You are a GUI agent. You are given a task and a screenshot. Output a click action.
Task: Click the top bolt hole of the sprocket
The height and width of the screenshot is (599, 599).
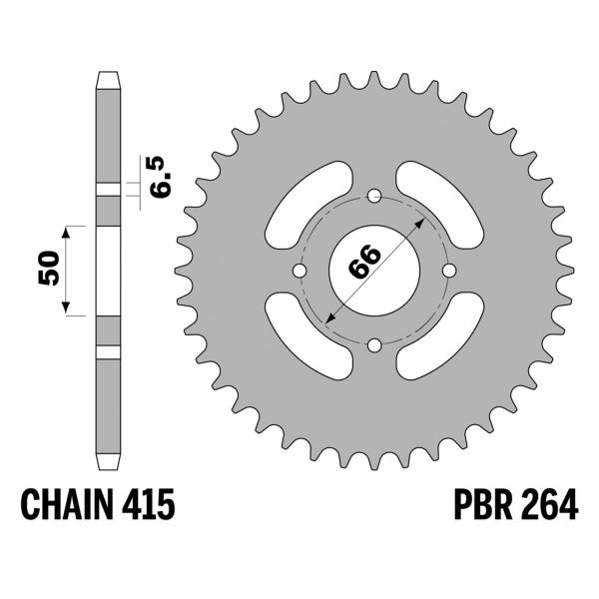[x=374, y=195]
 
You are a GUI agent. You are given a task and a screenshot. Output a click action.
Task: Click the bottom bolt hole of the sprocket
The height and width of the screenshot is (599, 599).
[x=374, y=346]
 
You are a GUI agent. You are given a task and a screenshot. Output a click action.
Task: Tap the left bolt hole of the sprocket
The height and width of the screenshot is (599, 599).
[x=299, y=271]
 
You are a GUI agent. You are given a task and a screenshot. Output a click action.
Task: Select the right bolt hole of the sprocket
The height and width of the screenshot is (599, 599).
[x=450, y=271]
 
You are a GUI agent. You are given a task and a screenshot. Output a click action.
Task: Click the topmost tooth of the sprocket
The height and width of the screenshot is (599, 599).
[x=374, y=80]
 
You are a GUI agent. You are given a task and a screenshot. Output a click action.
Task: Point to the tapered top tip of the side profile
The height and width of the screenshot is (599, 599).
[x=108, y=77]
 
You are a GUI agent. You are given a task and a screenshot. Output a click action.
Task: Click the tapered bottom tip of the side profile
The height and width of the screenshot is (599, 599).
[x=108, y=464]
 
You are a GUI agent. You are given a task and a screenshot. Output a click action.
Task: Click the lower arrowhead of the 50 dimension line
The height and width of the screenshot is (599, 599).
[x=67, y=309]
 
